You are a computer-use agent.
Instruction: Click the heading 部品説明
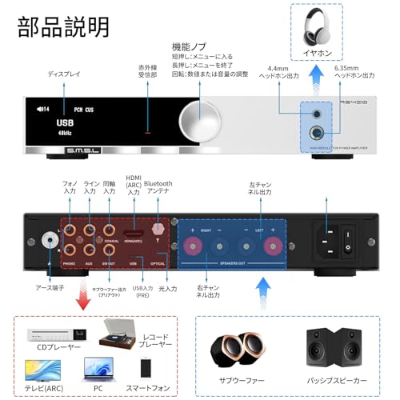(x=62, y=26)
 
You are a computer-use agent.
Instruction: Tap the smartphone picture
(x=146, y=368)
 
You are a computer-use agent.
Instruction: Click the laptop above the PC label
(x=98, y=368)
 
